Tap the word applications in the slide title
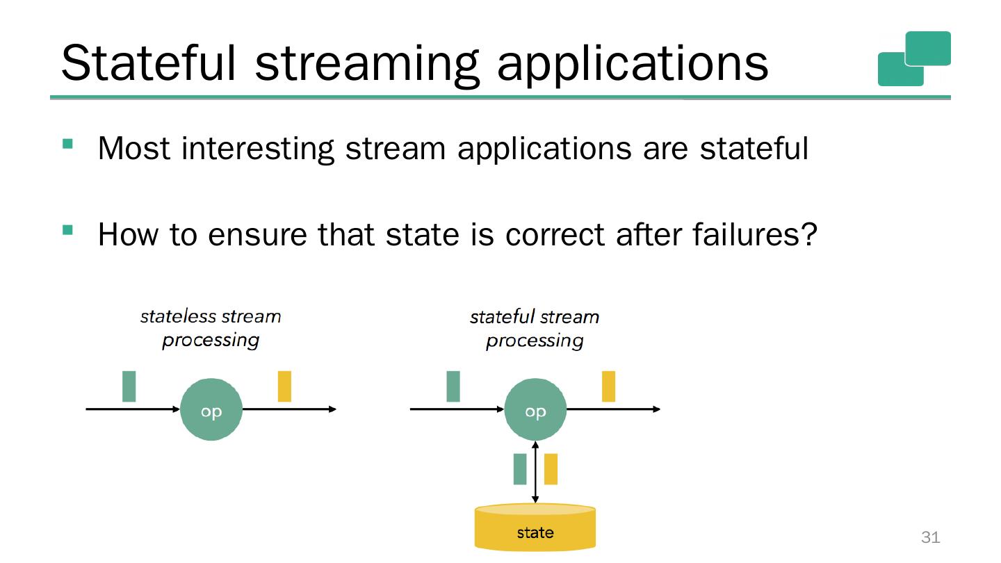click(633, 64)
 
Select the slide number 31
click(930, 537)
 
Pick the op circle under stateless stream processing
click(211, 409)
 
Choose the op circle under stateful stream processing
click(535, 409)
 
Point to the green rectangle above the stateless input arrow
click(129, 386)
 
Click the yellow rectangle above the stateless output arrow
click(284, 386)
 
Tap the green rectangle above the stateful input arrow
click(453, 386)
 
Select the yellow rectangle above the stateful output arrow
click(608, 386)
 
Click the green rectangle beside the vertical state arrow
click(520, 469)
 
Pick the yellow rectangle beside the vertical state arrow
click(551, 469)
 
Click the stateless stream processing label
click(211, 328)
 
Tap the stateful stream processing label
click(535, 329)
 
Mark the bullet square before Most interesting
click(67, 144)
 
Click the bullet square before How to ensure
click(67, 229)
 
